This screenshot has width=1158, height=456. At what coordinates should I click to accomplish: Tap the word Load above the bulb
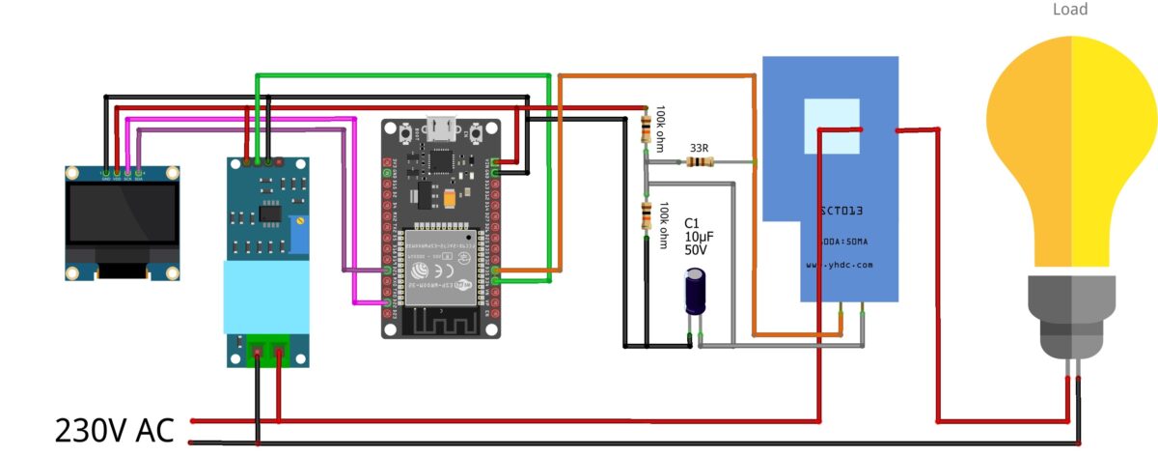pyautogui.click(x=1069, y=10)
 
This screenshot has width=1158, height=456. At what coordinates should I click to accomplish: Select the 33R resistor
pyautogui.click(x=699, y=162)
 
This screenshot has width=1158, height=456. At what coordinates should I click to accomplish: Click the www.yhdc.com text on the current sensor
pyautogui.click(x=839, y=264)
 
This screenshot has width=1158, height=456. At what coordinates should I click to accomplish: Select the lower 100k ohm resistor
pyautogui.click(x=646, y=216)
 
